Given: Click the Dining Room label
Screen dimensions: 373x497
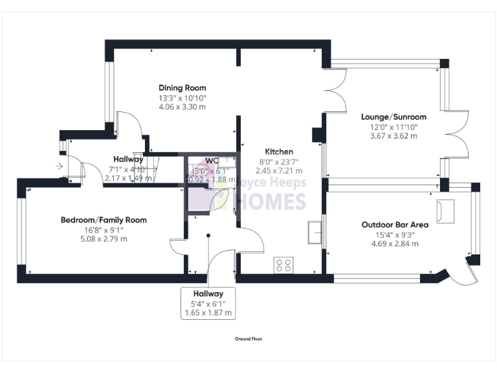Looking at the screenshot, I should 182,88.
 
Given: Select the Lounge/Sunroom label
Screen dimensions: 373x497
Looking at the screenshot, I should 393,117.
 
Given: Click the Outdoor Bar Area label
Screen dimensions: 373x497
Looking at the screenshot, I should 395,225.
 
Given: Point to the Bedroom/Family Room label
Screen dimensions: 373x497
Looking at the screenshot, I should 104,220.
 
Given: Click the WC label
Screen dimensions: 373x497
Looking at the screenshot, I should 212,161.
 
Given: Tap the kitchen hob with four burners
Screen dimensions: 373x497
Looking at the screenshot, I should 283,264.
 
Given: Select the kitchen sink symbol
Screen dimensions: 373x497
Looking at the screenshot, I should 316,232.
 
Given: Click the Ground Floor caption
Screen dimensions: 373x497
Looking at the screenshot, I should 248,339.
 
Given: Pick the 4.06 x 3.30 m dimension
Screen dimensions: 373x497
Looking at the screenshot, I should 182,107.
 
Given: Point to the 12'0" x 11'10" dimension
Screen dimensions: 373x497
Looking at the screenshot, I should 393,127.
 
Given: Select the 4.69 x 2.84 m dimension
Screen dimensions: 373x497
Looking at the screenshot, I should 395,243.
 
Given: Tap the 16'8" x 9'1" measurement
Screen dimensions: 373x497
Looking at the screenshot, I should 104,229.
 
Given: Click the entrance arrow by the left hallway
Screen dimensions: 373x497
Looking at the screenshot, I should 60,167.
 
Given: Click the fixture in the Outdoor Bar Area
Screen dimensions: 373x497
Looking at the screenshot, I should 446,210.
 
